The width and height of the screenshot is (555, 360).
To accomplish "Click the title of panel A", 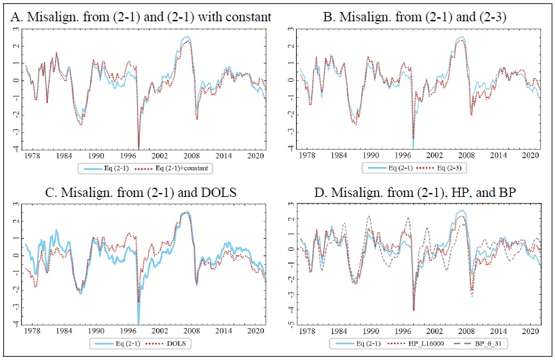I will tap(141, 15).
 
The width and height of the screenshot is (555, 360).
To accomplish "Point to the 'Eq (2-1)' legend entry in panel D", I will tap(362, 343).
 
